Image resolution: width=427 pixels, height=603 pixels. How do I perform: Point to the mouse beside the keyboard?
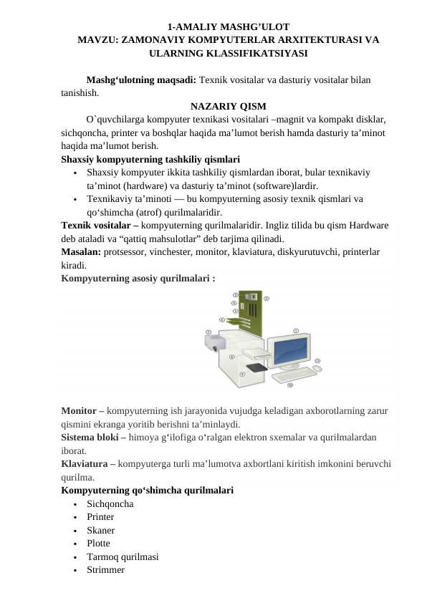318,368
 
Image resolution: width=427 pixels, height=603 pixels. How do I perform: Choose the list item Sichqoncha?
110,503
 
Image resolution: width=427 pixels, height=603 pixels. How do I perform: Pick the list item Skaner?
100,530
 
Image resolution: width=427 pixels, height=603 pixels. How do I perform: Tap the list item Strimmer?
105,570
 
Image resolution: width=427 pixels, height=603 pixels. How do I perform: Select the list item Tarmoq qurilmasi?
123,556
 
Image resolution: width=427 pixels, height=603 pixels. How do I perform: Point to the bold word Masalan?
81,251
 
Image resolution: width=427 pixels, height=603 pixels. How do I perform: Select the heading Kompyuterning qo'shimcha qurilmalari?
147,491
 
